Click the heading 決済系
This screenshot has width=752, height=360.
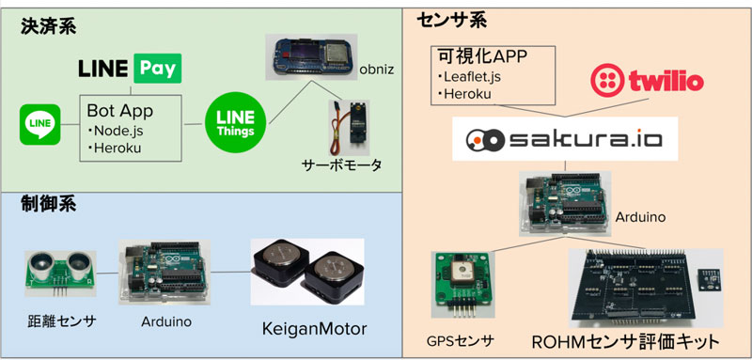click(x=49, y=27)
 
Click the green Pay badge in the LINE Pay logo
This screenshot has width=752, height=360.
click(x=158, y=70)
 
